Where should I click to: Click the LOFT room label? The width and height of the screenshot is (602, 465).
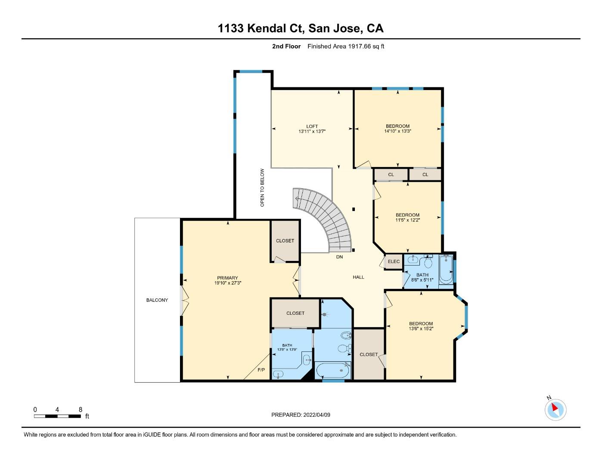[x=312, y=126]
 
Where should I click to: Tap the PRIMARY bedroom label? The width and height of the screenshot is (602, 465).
[x=227, y=278]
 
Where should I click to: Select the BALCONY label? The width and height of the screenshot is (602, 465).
[x=157, y=300]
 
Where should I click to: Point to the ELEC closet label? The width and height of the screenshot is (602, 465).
[x=394, y=261]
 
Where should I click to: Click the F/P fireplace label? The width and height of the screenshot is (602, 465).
[x=261, y=370]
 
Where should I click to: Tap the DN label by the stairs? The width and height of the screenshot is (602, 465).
[x=339, y=257]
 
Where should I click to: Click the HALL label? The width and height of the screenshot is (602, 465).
[x=358, y=277]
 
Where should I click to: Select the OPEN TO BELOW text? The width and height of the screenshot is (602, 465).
[x=262, y=187]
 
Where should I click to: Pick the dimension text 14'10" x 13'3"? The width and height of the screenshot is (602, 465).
[x=397, y=131]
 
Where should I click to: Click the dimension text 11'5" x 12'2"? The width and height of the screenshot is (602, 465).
[x=407, y=220]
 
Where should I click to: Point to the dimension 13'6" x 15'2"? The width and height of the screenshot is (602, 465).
[x=421, y=329]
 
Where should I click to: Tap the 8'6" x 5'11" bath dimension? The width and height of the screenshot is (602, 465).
[x=422, y=280]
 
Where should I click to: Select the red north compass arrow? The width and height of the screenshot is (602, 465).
[x=555, y=407]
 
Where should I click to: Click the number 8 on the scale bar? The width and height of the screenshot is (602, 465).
[x=81, y=409]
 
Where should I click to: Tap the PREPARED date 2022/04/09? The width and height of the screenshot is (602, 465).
[x=317, y=415]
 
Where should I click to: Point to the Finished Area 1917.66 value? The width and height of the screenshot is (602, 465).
[x=359, y=46]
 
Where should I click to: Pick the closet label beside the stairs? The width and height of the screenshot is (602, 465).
[x=285, y=241]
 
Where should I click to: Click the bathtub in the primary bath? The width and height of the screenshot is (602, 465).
[x=333, y=371]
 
